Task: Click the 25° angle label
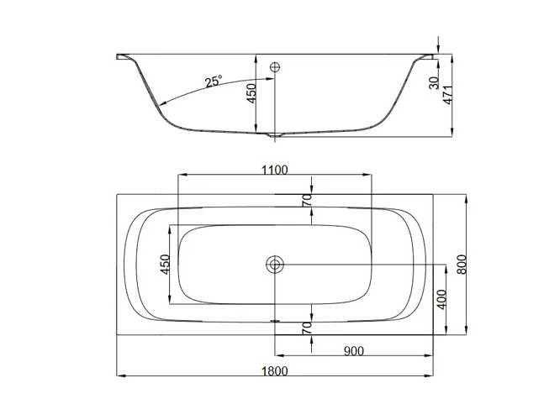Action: [x=214, y=81]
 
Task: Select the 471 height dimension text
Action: [x=448, y=95]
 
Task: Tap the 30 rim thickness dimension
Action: [x=434, y=83]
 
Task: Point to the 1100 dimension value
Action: [x=274, y=171]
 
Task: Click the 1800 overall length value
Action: [x=274, y=371]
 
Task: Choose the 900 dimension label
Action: [x=353, y=351]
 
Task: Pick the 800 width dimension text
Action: [x=462, y=265]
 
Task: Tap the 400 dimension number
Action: [x=441, y=299]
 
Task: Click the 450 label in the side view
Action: [x=251, y=93]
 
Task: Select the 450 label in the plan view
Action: [x=165, y=265]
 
